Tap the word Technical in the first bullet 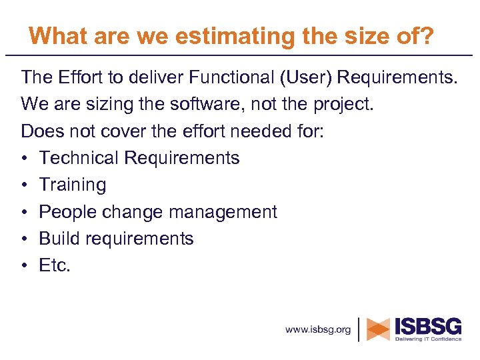click(79, 158)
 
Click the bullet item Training click(73, 185)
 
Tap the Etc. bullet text click(55, 265)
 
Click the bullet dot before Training click(25, 185)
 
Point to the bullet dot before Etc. click(25, 266)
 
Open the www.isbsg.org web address click(318, 329)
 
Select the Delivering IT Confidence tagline click(428, 339)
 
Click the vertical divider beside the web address click(360, 329)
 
